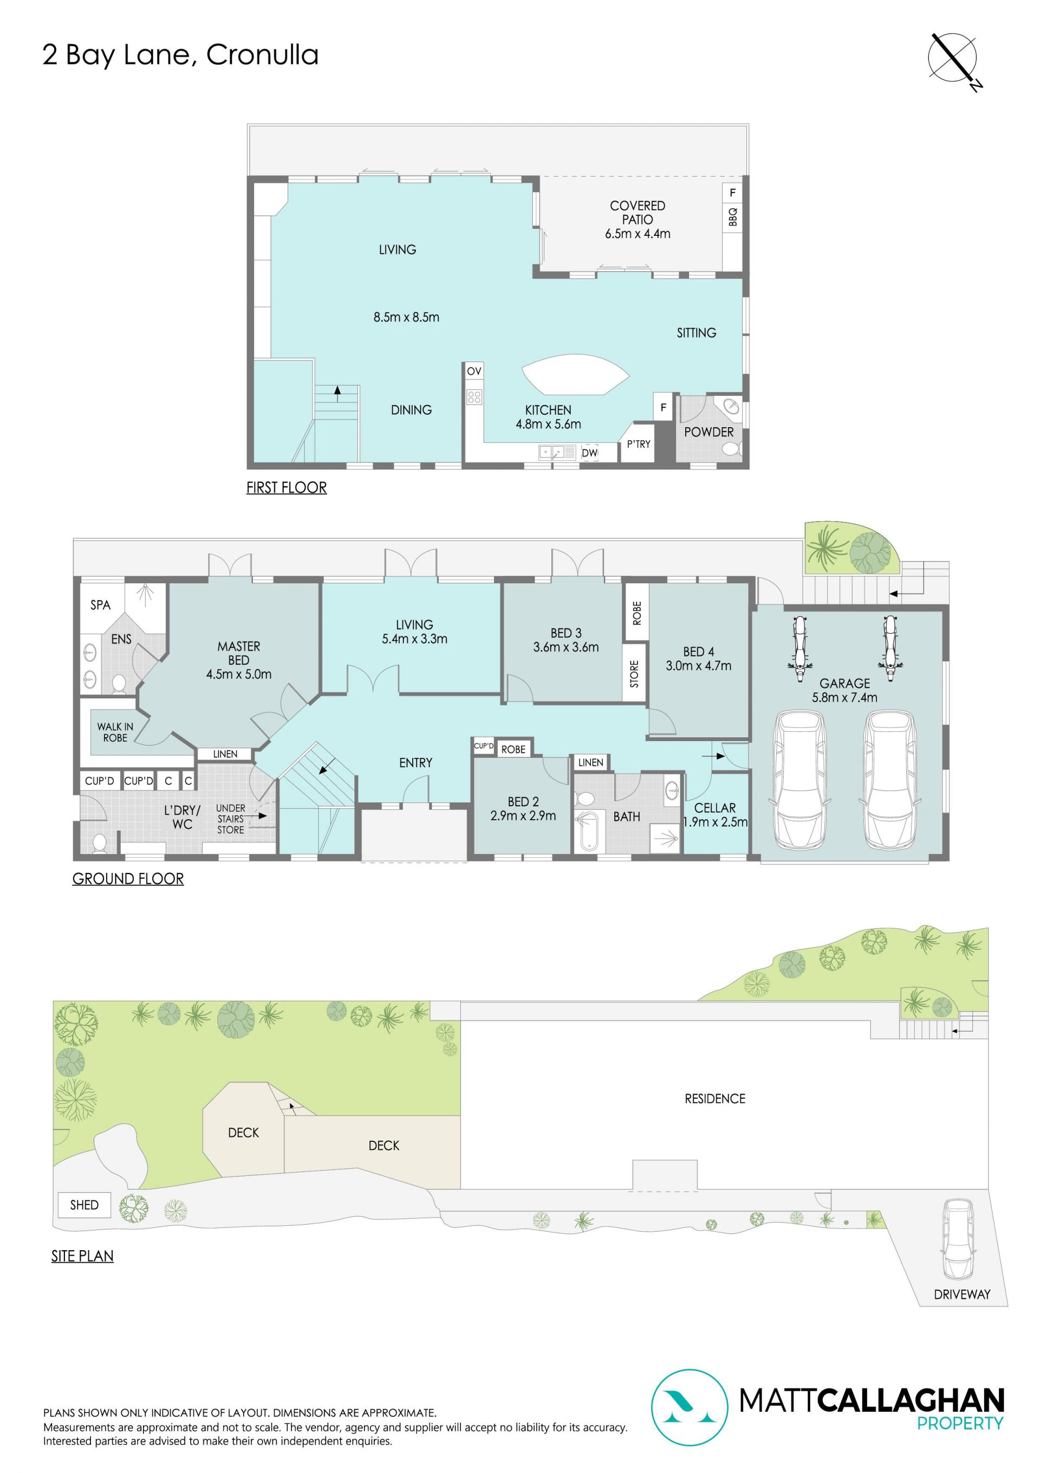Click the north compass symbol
(x=953, y=59)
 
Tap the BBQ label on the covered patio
(x=732, y=217)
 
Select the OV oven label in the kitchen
(x=474, y=371)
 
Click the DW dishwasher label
(x=589, y=453)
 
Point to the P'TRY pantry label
(x=639, y=444)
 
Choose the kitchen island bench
(x=575, y=375)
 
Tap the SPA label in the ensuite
(x=100, y=605)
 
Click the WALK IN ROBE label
(x=115, y=732)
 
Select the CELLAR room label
(x=715, y=808)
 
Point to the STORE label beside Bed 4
(x=634, y=674)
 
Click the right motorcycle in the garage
(x=889, y=648)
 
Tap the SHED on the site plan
(x=84, y=1205)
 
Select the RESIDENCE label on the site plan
(x=715, y=1099)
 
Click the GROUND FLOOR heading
(x=128, y=878)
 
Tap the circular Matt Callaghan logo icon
(x=690, y=1408)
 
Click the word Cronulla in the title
(x=262, y=55)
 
